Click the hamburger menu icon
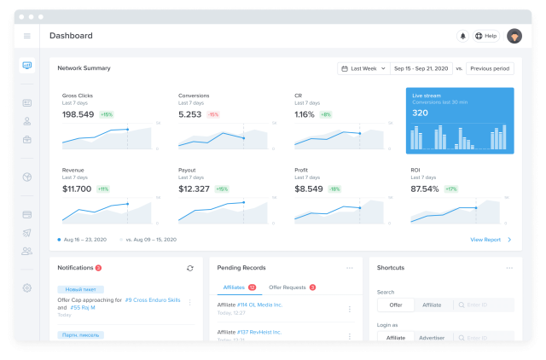coord(27,36)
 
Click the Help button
coord(486,36)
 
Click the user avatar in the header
coord(514,36)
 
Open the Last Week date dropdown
coord(362,68)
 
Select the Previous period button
coord(490,68)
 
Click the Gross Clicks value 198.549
coord(78,113)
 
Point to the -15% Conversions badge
coord(212,114)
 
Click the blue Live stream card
coord(459,120)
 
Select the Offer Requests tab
coord(288,287)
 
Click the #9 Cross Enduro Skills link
coord(154,300)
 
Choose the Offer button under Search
coord(395,305)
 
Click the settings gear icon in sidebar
coord(27,287)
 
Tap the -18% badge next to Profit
coord(334,189)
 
